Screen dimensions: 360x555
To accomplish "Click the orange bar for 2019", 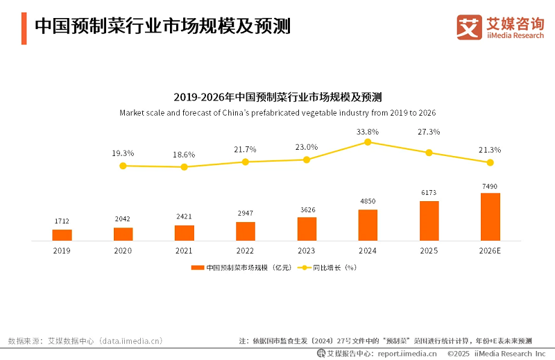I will (62, 235).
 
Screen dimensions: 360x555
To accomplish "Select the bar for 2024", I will (368, 225).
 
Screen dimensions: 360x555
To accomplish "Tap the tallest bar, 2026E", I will (490, 216).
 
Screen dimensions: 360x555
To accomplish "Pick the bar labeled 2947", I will (246, 231).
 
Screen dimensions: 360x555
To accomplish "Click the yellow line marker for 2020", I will (123, 166).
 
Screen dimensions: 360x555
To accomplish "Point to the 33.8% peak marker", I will (368, 142).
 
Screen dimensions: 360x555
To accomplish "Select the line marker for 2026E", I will (490, 162).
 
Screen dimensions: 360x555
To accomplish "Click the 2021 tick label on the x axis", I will (184, 250).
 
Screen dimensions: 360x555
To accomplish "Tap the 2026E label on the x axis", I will (490, 250).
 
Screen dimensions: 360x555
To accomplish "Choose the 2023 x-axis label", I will (307, 250).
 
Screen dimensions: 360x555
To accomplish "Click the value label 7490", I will (490, 186).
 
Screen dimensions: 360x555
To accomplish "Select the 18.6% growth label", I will (184, 155).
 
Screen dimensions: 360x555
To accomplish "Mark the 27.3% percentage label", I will (429, 132).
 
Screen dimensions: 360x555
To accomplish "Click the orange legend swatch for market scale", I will (197, 267).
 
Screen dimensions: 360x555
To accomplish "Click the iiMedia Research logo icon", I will (469, 27).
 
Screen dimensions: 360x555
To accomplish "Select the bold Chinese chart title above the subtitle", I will (277, 97).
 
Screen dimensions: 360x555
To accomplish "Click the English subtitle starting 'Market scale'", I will (277, 112).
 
